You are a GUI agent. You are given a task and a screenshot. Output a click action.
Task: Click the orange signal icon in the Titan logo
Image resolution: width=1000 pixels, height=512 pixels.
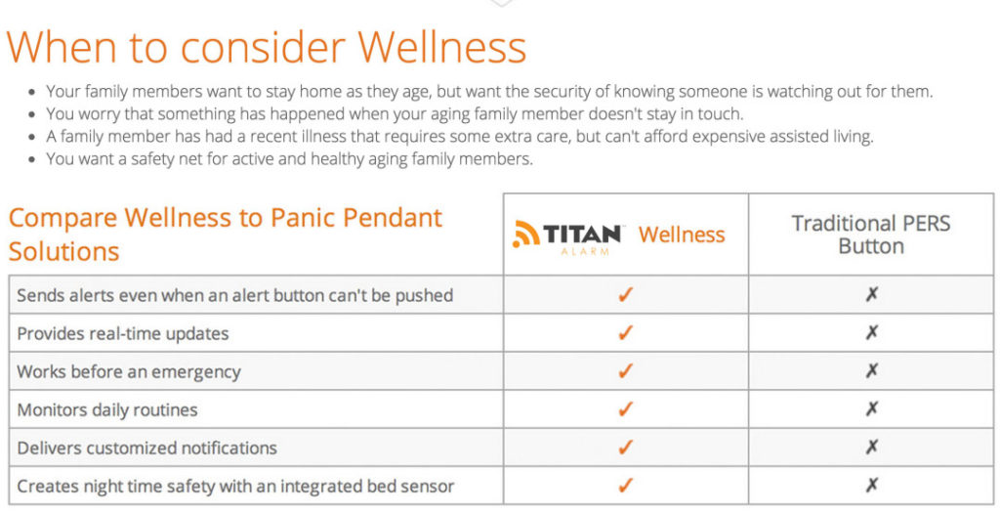[526, 234]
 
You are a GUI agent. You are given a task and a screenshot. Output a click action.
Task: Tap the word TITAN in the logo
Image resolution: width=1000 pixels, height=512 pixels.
[582, 234]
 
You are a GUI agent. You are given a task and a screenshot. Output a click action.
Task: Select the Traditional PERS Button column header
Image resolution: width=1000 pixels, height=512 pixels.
[870, 235]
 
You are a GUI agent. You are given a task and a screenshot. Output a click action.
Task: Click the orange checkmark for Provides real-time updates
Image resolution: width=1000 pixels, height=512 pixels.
[626, 332]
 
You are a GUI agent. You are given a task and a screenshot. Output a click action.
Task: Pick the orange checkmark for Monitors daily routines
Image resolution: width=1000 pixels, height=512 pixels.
[626, 408]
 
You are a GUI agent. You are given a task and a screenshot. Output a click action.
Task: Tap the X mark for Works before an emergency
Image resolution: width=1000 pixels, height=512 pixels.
[871, 370]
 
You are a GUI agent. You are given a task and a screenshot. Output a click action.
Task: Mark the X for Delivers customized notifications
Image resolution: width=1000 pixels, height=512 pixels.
[871, 447]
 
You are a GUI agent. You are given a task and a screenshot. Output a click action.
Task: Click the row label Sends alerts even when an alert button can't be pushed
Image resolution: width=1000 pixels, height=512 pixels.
[234, 296]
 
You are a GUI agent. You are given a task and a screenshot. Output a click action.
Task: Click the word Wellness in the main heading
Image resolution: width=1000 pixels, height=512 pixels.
[441, 47]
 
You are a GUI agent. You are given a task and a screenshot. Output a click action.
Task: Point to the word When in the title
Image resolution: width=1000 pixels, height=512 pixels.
[62, 47]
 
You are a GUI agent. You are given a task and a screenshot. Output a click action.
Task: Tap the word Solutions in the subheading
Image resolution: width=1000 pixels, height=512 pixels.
[63, 251]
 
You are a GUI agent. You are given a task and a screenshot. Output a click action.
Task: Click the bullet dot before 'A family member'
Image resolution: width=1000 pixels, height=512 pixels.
[32, 137]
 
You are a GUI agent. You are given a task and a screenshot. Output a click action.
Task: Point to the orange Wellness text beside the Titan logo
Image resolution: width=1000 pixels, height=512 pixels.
[682, 235]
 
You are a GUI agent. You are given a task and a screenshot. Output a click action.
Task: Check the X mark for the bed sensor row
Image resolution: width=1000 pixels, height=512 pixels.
[871, 486]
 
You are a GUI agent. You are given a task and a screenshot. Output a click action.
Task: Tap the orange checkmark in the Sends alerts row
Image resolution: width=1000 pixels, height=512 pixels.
[626, 294]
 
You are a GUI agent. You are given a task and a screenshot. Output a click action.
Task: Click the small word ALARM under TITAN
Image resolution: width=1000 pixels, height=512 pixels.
[585, 251]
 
